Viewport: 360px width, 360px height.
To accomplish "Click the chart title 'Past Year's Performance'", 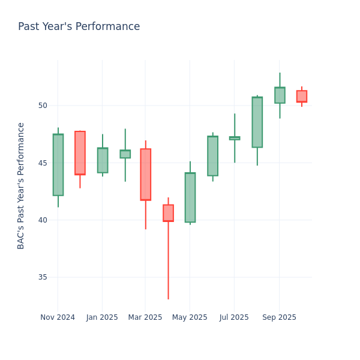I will pos(79,27).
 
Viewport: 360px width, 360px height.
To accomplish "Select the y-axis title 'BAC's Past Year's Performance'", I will pos(21,185).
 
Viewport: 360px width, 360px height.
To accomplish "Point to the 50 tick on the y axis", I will pos(42,106).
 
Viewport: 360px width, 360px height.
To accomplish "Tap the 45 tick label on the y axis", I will pos(42,163).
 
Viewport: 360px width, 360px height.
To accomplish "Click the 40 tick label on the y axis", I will pos(42,220).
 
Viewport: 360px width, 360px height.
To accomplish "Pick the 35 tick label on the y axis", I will pos(42,277).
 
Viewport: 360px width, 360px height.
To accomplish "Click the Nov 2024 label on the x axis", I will pos(58,317).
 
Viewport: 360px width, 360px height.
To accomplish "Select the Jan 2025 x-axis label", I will pos(102,317).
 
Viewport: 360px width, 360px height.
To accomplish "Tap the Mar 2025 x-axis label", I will pos(145,317).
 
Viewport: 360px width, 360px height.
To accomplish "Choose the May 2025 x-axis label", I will pos(190,317).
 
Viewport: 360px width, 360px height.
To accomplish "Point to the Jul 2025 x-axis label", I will pos(234,317).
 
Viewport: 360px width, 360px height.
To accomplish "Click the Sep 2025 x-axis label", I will pos(279,317).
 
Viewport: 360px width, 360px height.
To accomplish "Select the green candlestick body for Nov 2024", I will pos(58,165).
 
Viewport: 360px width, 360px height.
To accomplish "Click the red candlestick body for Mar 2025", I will pos(145,174).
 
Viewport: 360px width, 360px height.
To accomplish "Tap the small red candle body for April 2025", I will pos(168,213).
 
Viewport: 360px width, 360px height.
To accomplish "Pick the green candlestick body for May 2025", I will pos(190,197).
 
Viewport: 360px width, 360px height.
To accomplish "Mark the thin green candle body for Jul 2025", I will pos(235,138).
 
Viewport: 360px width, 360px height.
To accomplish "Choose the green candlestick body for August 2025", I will pos(257,122).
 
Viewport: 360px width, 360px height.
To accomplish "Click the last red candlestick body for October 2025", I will pos(302,96).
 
